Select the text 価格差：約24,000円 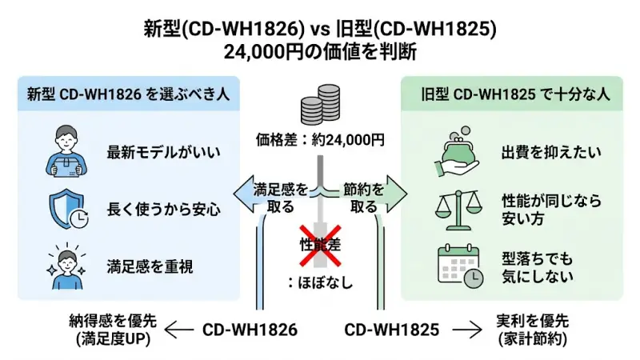pyautogui.click(x=319, y=140)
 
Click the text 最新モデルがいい pyautogui.click(x=163, y=150)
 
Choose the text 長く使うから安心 pyautogui.click(x=163, y=210)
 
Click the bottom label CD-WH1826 pyautogui.click(x=250, y=329)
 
